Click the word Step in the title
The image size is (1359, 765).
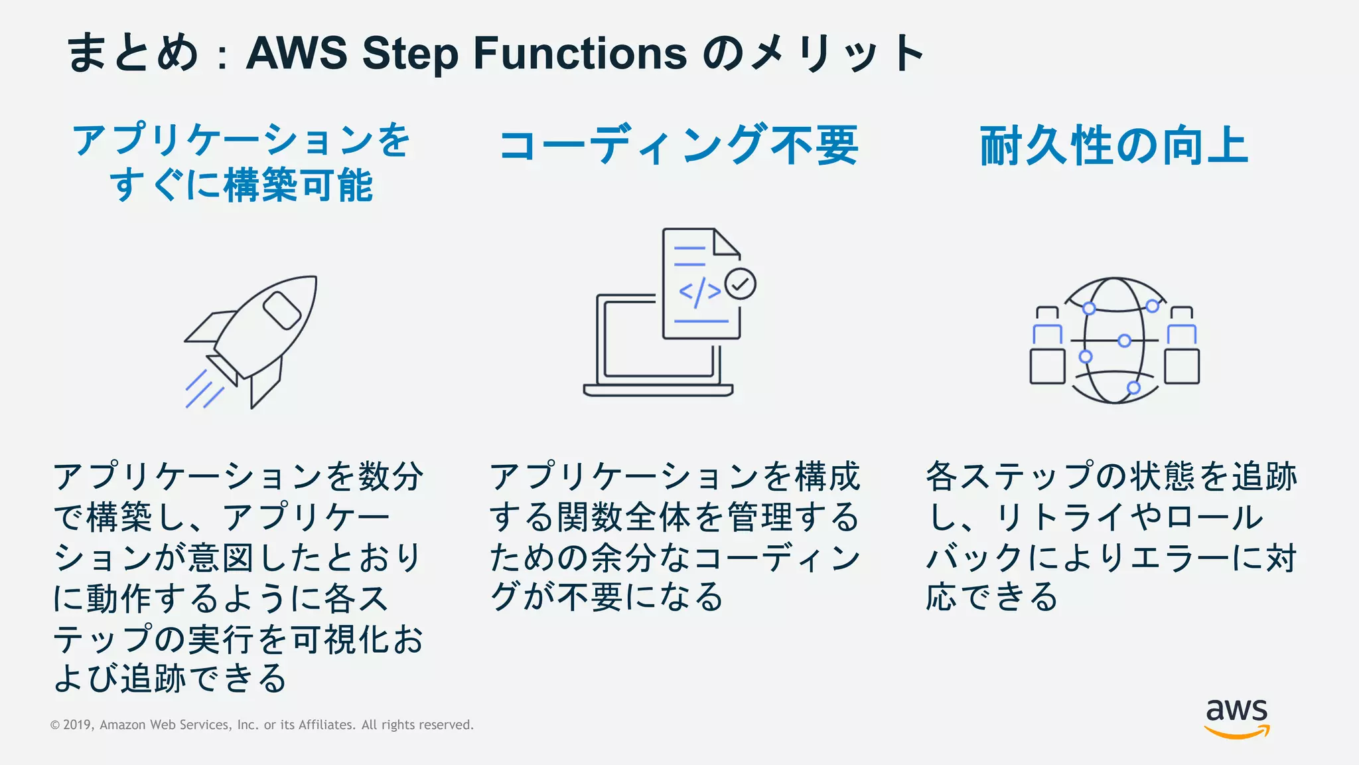(x=410, y=53)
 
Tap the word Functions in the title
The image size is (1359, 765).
(x=580, y=53)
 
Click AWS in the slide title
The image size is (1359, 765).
(x=297, y=53)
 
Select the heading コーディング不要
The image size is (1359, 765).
(x=678, y=145)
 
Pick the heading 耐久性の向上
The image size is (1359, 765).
(x=1115, y=145)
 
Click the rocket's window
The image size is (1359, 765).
(x=282, y=310)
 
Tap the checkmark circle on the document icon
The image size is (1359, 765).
(x=740, y=284)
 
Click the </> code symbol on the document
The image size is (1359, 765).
(x=699, y=292)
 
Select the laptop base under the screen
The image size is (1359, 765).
(x=658, y=390)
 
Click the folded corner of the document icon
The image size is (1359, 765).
(x=727, y=242)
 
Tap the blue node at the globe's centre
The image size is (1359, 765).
(x=1124, y=341)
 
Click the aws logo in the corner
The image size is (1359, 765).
(x=1236, y=717)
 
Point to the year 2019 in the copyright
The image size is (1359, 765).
(x=77, y=725)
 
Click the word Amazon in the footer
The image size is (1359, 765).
(x=123, y=725)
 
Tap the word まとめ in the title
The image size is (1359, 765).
(x=132, y=53)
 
